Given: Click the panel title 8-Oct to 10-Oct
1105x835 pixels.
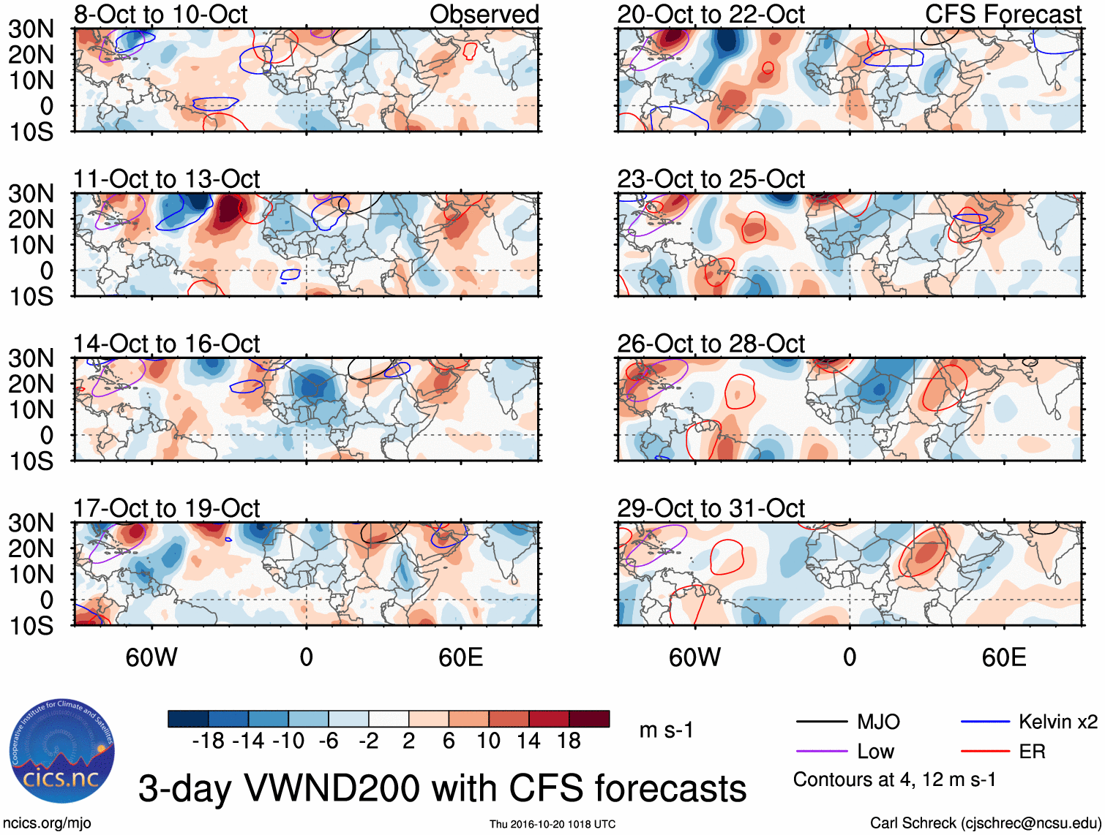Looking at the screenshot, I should click(160, 14).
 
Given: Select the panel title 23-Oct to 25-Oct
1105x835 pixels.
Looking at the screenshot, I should click(711, 179).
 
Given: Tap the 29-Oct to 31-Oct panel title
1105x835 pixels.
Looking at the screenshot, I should click(711, 508).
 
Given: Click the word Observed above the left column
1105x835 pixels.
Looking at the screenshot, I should click(484, 14).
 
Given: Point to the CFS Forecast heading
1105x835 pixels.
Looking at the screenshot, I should click(1003, 14).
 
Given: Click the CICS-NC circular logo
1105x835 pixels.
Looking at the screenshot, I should click(62, 752).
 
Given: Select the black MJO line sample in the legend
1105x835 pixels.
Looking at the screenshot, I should click(821, 722).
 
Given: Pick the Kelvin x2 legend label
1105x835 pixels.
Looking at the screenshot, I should click(1057, 722).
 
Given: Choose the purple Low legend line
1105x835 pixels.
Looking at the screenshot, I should click(821, 752).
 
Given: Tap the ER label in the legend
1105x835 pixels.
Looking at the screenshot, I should click(1032, 752).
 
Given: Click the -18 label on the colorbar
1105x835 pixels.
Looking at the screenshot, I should click(208, 741).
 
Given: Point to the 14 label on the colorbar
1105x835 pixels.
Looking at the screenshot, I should click(528, 741).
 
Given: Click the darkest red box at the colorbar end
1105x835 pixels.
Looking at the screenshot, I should click(589, 719).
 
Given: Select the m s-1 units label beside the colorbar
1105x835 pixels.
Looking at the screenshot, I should click(666, 730).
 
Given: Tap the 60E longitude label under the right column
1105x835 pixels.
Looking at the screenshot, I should click(1003, 657).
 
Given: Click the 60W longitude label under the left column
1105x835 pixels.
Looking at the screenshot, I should click(151, 657).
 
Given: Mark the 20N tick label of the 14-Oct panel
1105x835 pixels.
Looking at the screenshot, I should click(31, 384).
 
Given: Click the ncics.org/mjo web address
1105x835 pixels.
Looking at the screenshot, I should click(47, 823).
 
